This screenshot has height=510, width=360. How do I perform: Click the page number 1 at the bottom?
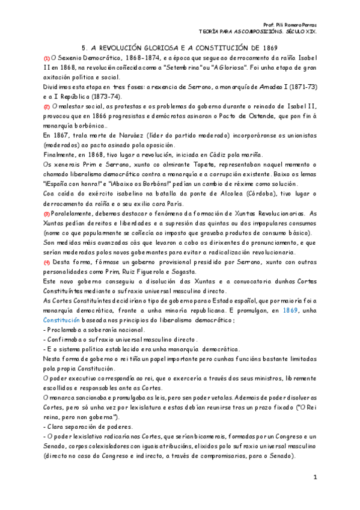click(x=314, y=477)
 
